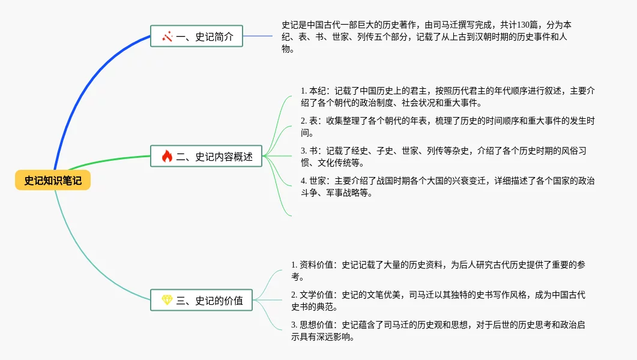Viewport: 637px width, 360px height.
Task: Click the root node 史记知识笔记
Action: pyautogui.click(x=53, y=180)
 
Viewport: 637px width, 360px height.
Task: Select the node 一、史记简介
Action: pyautogui.click(x=196, y=37)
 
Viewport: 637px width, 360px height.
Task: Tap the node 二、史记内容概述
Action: pyautogui.click(x=206, y=157)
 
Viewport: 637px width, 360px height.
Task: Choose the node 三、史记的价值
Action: pyautogui.click(x=201, y=300)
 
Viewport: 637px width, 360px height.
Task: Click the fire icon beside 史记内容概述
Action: pyautogui.click(x=167, y=157)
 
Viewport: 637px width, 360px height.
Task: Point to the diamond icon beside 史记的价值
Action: pyautogui.click(x=167, y=300)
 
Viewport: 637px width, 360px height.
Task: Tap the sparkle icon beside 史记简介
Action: pyautogui.click(x=167, y=37)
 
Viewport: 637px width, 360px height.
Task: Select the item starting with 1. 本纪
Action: pyautogui.click(x=447, y=97)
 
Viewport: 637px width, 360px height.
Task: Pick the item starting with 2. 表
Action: pyautogui.click(x=447, y=127)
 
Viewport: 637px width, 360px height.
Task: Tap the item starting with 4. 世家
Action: pyautogui.click(x=447, y=187)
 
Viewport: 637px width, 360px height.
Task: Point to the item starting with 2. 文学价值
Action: pyautogui.click(x=438, y=301)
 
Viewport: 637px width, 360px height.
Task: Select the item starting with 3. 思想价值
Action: pyautogui.click(x=438, y=331)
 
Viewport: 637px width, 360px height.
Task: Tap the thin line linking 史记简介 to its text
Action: pyautogui.click(x=258, y=36)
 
